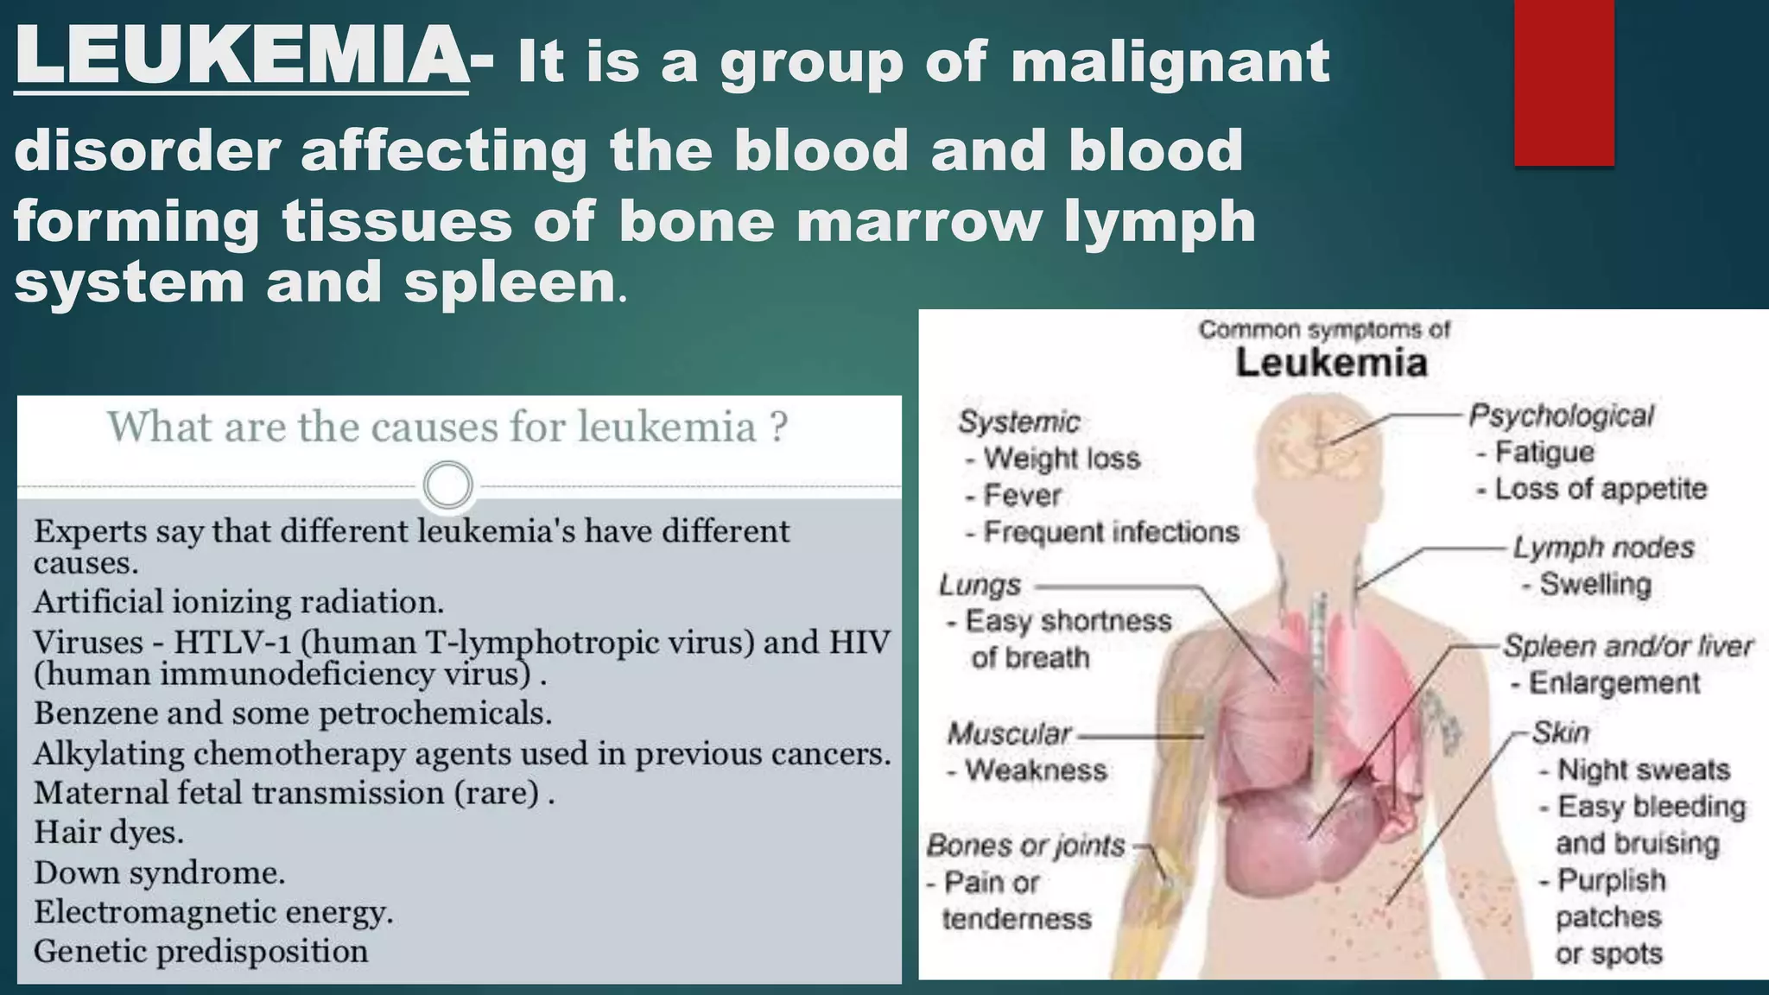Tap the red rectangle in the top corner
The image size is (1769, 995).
1563,82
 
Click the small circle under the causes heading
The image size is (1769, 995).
448,485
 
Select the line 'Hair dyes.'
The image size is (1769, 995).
109,833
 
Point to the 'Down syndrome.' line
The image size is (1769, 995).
159,872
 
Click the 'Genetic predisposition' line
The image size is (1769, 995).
200,952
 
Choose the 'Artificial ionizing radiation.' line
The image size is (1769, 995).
238,602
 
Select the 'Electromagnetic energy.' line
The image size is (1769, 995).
213,912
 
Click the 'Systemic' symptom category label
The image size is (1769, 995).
1019,421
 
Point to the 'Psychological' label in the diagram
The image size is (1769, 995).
1562,416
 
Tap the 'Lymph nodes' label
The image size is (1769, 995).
1603,548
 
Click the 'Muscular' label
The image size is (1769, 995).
1009,734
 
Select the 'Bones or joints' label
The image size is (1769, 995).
1025,846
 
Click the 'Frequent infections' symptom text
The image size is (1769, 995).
1111,532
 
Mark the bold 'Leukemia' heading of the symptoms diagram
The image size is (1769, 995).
1331,363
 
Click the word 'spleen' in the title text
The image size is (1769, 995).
509,283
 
